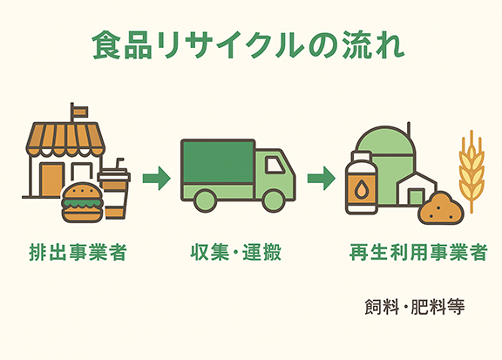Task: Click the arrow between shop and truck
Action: coord(157,180)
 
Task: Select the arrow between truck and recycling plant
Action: coord(322,180)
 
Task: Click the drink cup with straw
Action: coord(113,190)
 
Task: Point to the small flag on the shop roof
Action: coord(79,111)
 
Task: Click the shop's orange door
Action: coord(51,184)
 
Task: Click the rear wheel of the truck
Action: coord(204,201)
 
